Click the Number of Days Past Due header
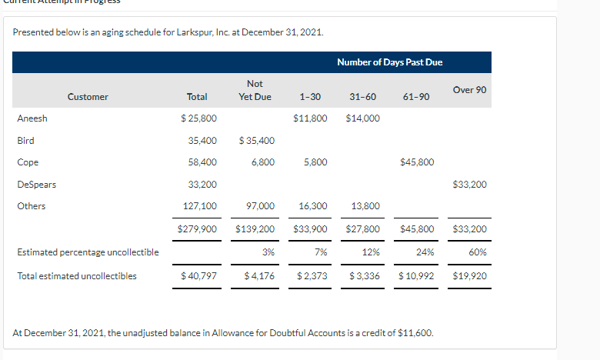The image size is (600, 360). (x=389, y=62)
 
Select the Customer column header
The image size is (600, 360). (x=88, y=97)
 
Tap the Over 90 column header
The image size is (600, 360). (x=469, y=90)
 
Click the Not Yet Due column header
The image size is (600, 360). (x=255, y=90)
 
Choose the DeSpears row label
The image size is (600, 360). (x=36, y=185)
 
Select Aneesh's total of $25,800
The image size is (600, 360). (x=198, y=118)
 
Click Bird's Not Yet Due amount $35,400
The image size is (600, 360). (x=257, y=141)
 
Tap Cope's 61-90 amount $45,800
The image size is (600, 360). (x=418, y=162)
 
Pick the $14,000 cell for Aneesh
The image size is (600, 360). (x=362, y=118)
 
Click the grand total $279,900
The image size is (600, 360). (x=197, y=229)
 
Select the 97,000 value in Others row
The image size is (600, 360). (x=260, y=206)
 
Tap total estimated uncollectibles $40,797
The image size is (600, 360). (x=198, y=275)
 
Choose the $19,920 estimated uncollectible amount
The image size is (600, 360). (x=469, y=275)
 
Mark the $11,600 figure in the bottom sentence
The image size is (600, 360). (x=418, y=333)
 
